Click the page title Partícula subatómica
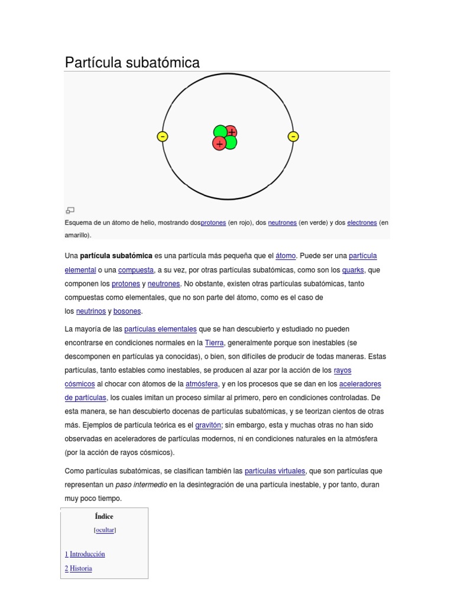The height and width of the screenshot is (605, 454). coord(132,62)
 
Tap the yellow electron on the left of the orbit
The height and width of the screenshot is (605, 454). coord(163,136)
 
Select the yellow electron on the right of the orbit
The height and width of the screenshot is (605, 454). coord(293,136)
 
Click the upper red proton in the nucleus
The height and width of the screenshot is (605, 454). coord(231,131)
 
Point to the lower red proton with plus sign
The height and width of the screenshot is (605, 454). coord(219,144)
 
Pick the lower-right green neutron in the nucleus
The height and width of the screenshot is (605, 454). coord(231,142)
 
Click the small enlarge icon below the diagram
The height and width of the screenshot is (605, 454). coord(70,210)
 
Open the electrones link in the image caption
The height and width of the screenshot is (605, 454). coord(362,223)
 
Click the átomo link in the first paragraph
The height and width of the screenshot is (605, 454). coord(286,256)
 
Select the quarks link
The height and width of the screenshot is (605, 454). coord(353,270)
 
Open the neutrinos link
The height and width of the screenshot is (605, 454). coord(91,311)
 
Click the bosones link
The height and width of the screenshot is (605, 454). coord(128,311)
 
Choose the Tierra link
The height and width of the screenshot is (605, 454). coord(214,343)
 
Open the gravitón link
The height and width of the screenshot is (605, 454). coord(207,425)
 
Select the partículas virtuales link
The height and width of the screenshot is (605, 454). coord(275,471)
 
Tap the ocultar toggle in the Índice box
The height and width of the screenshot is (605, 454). coord(105,530)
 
